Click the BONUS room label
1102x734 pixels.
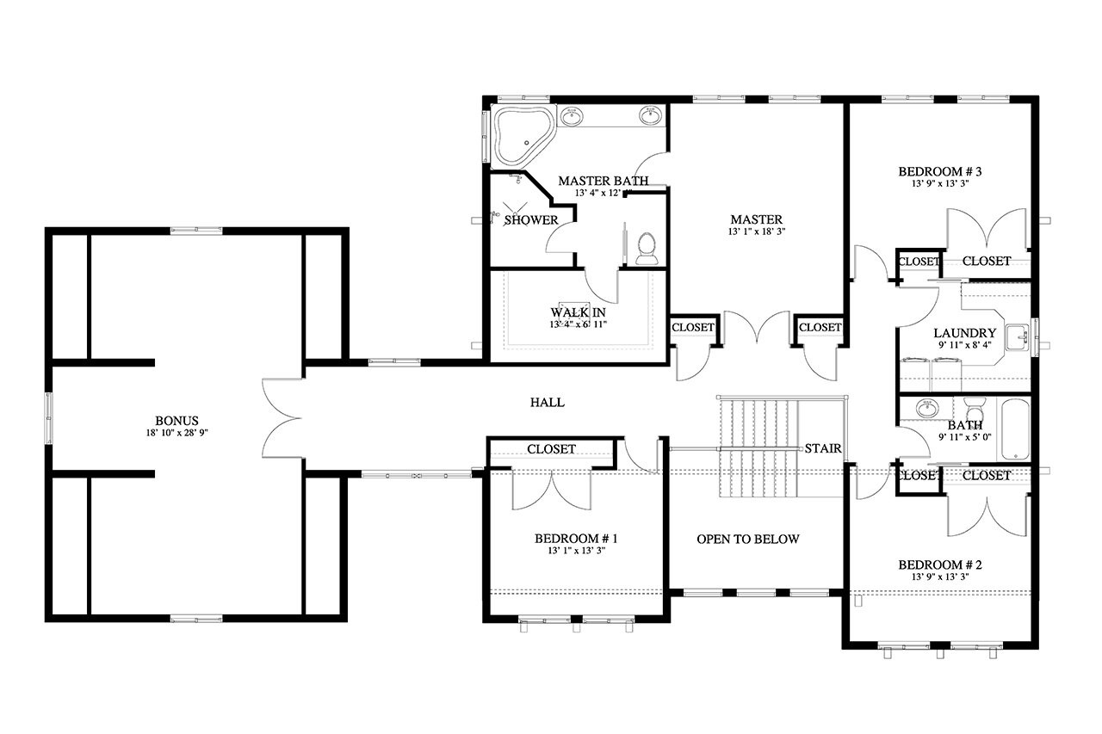pyautogui.click(x=177, y=420)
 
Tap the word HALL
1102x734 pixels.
pyautogui.click(x=547, y=402)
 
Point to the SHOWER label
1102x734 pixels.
pyautogui.click(x=530, y=220)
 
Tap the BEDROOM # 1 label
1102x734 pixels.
pyautogui.click(x=576, y=539)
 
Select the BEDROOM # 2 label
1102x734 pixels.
pyautogui.click(x=940, y=564)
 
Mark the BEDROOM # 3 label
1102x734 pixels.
pyautogui.click(x=940, y=171)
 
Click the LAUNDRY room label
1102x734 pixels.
pyautogui.click(x=964, y=333)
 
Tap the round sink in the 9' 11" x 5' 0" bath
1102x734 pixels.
pyautogui.click(x=928, y=409)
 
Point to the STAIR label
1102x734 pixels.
pyautogui.click(x=822, y=448)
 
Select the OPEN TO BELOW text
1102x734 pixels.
pyautogui.click(x=747, y=540)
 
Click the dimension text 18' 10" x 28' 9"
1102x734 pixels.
pyautogui.click(x=177, y=433)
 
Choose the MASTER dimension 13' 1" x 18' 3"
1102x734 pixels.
pyautogui.click(x=757, y=231)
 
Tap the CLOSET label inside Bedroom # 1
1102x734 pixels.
pyautogui.click(x=551, y=449)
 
